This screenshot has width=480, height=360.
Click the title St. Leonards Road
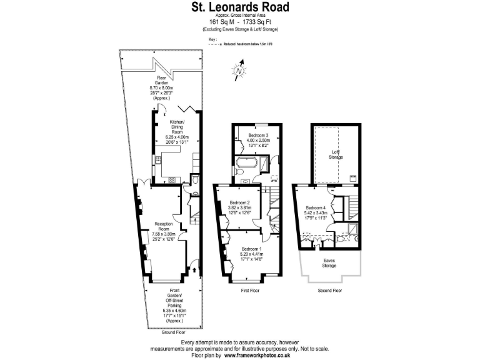[240, 7]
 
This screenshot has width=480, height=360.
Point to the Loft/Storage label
[337, 154]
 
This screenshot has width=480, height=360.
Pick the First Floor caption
[250, 291]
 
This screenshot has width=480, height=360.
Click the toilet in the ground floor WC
[195, 179]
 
